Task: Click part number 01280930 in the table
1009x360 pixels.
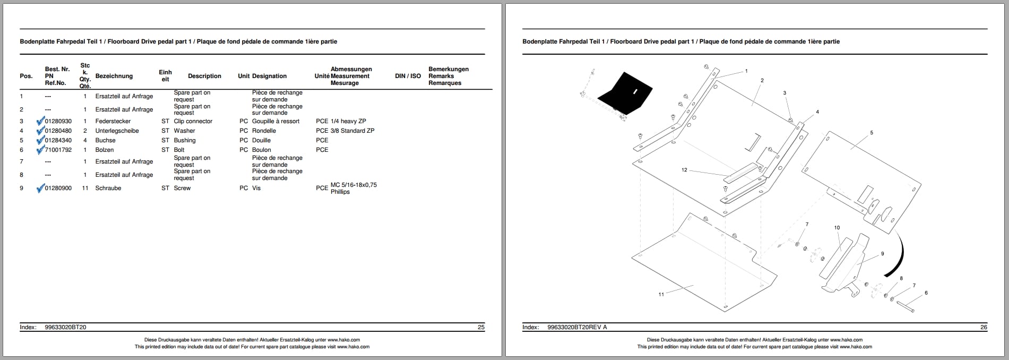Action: click(x=58, y=122)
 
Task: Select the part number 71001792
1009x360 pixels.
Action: click(x=58, y=150)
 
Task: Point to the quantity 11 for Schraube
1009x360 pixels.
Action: click(x=85, y=188)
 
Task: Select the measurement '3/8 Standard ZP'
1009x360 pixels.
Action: click(x=352, y=131)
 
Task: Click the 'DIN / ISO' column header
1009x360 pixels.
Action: click(x=408, y=76)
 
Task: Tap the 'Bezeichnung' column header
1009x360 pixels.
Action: click(x=114, y=76)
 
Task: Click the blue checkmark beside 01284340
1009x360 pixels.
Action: click(x=40, y=140)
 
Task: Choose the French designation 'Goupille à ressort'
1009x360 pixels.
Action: click(x=276, y=122)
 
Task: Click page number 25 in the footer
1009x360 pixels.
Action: click(x=481, y=328)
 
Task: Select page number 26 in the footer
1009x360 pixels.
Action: click(x=984, y=328)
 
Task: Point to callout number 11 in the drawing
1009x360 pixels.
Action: click(x=661, y=295)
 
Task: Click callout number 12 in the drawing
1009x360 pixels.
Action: click(x=684, y=170)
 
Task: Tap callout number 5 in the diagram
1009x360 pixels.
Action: click(x=872, y=133)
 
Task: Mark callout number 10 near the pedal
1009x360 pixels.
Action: click(x=837, y=228)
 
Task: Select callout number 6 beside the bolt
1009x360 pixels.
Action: click(x=926, y=293)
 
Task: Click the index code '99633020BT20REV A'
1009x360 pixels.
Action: click(x=577, y=328)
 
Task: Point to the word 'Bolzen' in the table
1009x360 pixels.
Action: click(x=105, y=150)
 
